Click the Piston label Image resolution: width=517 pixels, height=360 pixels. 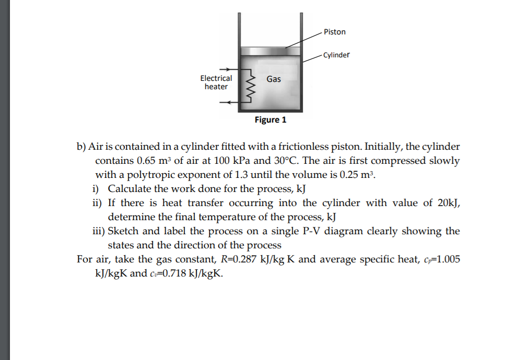[x=334, y=32]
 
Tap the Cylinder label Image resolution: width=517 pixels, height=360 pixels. [x=336, y=55]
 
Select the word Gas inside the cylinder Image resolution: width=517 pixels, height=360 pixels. [x=273, y=79]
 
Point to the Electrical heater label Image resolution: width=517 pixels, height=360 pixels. [x=216, y=82]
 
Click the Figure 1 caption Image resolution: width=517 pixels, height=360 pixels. [x=271, y=120]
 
